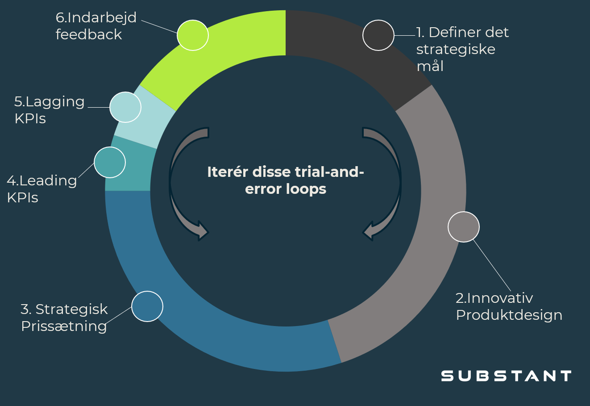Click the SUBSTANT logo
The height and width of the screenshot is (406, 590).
click(x=506, y=376)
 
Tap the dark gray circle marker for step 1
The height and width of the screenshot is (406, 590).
click(x=378, y=35)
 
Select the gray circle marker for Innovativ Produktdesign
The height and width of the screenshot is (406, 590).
click(x=464, y=227)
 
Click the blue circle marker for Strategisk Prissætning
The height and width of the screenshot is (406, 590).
click(x=147, y=306)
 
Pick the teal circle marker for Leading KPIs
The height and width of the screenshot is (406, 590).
click(x=110, y=162)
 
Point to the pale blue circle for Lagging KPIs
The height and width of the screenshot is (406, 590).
click(x=125, y=107)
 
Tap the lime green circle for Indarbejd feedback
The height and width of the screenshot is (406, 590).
click(x=193, y=35)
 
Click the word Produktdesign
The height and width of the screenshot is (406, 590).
click(x=509, y=315)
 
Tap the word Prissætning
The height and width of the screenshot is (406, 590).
click(x=64, y=326)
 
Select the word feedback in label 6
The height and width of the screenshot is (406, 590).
click(x=88, y=34)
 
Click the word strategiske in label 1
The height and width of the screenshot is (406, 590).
click(x=456, y=49)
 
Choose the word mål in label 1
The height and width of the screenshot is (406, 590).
click(x=430, y=66)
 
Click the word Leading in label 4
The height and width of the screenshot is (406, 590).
click(x=48, y=180)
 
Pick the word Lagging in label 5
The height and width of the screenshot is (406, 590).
click(x=55, y=102)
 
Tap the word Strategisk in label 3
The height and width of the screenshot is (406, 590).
click(x=71, y=309)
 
